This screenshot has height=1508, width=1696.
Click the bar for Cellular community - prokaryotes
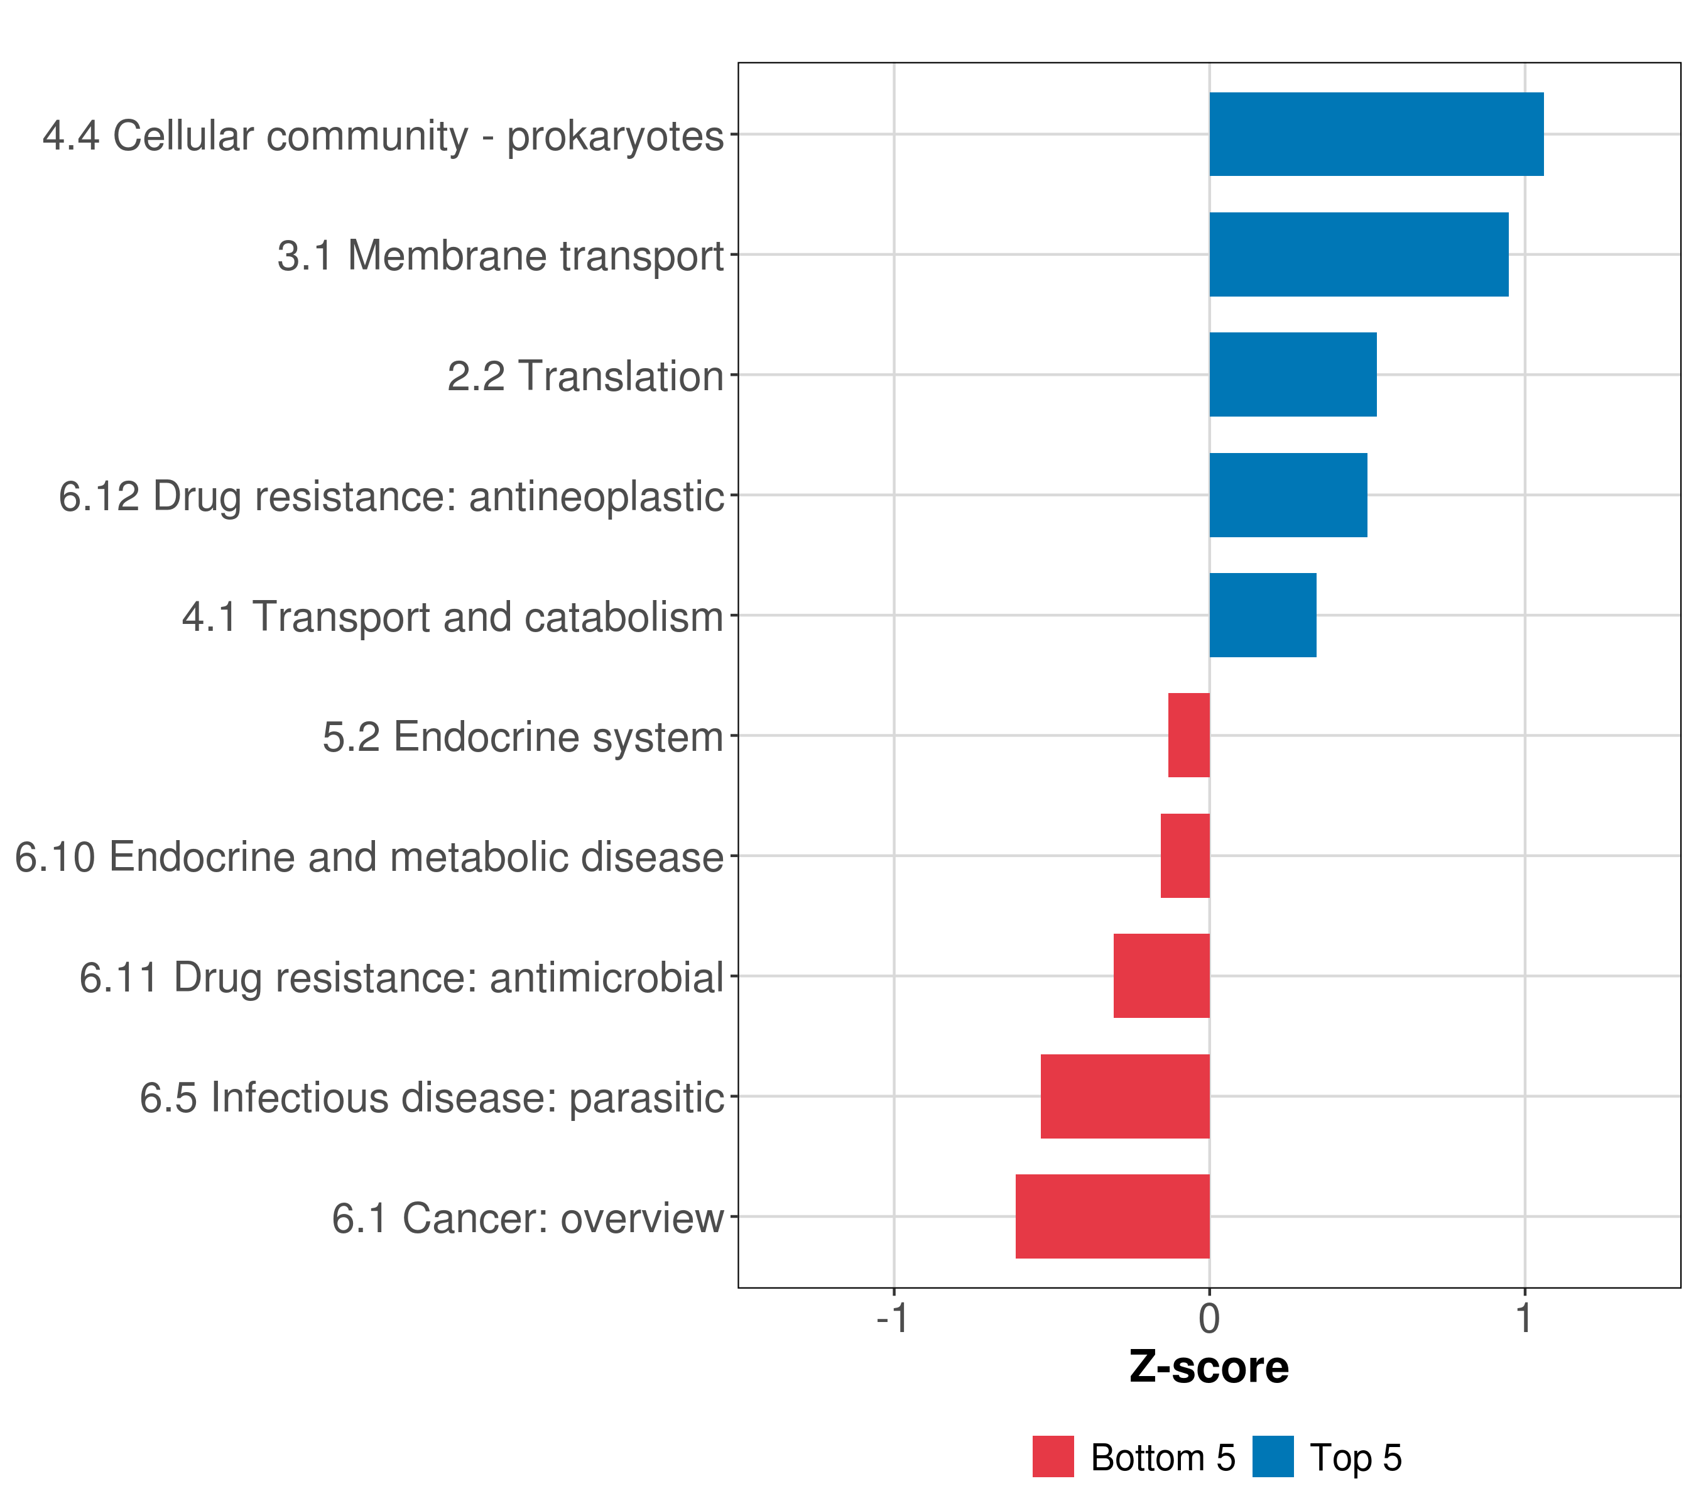1376,134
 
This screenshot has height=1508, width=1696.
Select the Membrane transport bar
1359,255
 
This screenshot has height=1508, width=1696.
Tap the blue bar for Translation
1293,375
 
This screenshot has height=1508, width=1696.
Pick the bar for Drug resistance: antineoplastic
1288,496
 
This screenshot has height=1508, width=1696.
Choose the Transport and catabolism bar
1263,615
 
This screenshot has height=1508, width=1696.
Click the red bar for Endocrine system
1189,735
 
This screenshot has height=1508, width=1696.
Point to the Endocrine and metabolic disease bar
1185,856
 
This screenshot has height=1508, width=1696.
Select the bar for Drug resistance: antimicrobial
1161,976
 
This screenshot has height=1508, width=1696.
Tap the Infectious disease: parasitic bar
1125,1096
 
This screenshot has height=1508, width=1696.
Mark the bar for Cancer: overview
1112,1216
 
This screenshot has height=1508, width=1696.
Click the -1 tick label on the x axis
893,1319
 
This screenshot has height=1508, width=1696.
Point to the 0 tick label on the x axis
1210,1319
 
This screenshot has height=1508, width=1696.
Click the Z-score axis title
1209,1368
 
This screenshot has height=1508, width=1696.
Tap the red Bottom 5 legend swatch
1053,1456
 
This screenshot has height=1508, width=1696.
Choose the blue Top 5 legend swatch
1273,1456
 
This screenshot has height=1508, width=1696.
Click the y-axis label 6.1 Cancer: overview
528,1218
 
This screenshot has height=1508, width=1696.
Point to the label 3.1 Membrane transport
501,256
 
